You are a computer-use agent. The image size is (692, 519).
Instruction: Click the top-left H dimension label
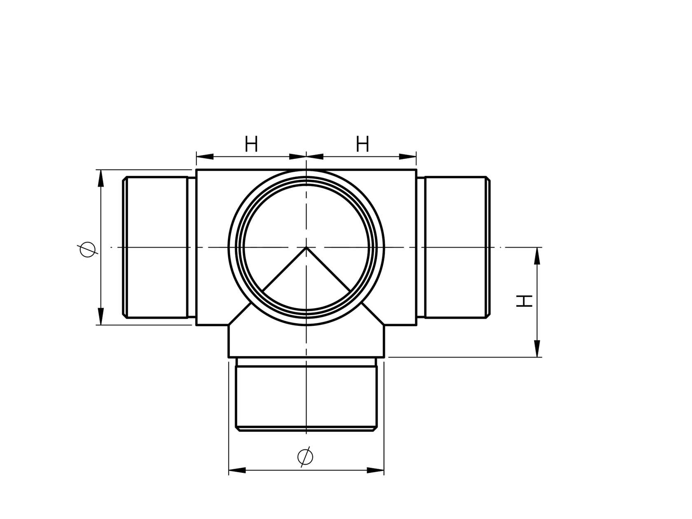click(251, 145)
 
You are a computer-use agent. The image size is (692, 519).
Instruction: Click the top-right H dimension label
click(362, 145)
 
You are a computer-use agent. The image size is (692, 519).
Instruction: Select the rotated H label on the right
click(525, 301)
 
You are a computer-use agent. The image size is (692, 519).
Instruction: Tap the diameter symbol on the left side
click(87, 249)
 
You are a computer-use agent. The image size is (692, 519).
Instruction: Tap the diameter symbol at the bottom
click(305, 456)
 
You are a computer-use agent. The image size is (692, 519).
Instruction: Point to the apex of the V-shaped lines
click(306, 247)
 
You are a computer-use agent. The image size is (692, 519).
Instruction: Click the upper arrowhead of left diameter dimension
click(100, 178)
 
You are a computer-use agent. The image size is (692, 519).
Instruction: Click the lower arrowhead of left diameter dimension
click(100, 316)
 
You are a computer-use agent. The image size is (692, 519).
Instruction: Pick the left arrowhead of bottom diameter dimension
click(237, 470)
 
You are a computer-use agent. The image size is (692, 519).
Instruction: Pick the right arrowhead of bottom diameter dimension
click(375, 470)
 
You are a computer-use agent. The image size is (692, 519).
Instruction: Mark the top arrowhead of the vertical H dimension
click(537, 256)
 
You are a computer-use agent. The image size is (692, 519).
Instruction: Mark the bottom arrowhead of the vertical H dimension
click(537, 348)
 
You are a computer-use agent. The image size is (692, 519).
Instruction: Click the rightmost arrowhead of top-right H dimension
click(408, 157)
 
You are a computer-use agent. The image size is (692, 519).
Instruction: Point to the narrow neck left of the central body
click(192, 247)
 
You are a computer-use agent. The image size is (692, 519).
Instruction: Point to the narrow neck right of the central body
click(421, 247)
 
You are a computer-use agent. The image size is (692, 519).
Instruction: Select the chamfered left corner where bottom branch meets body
click(239, 314)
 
